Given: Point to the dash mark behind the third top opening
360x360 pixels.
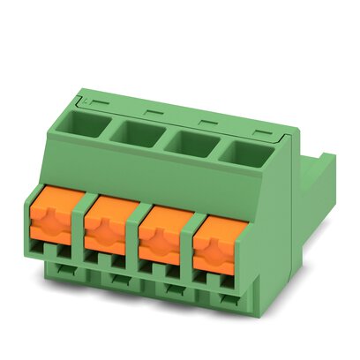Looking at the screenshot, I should point(206,122).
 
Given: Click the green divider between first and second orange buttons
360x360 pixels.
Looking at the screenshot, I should point(83,229).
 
